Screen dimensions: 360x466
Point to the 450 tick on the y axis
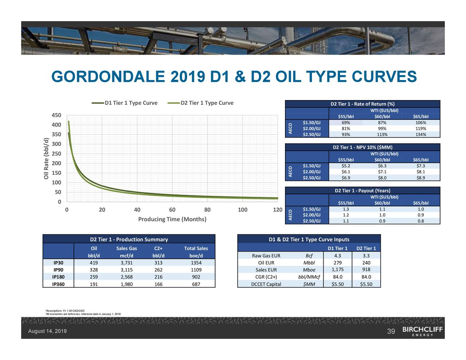[56, 115]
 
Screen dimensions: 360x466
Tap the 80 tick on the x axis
[207, 210]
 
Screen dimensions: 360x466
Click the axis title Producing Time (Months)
[172, 219]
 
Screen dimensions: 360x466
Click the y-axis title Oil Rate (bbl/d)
[46, 158]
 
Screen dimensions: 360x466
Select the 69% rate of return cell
[346, 123]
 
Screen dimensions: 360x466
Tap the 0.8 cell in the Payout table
[420, 221]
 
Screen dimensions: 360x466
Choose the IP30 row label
[58, 263]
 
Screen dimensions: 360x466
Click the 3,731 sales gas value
[126, 263]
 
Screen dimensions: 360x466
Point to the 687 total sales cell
[196, 284]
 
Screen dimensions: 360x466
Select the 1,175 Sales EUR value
[338, 270]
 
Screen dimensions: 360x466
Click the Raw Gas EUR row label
[266, 256]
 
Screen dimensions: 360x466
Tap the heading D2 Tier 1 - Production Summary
[129, 240]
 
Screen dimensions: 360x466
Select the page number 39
[391, 331]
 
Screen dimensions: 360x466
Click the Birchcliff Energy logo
[423, 331]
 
